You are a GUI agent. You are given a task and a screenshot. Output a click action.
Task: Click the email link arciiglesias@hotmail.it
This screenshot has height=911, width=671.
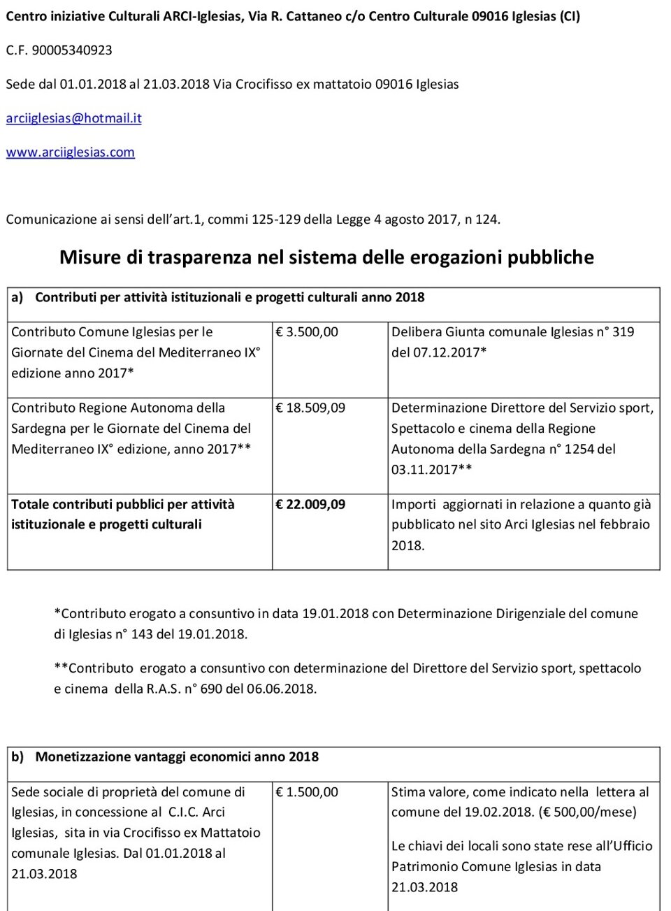pyautogui.click(x=73, y=118)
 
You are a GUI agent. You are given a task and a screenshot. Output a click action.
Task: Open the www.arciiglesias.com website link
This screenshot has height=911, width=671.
pyautogui.click(x=70, y=152)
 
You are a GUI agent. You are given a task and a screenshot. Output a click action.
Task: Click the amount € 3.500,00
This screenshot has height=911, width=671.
pyautogui.click(x=307, y=332)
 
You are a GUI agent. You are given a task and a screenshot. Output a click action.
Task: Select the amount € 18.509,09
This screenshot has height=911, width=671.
pyautogui.click(x=310, y=408)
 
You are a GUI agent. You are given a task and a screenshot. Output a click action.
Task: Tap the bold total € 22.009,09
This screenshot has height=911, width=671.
pyautogui.click(x=310, y=504)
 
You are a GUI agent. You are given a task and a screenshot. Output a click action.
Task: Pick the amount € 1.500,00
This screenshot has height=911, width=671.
pyautogui.click(x=307, y=792)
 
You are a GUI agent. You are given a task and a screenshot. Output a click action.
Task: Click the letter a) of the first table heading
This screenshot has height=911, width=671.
pyautogui.click(x=17, y=297)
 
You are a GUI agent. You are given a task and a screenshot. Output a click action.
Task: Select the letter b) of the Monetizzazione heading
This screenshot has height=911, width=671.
pyautogui.click(x=17, y=756)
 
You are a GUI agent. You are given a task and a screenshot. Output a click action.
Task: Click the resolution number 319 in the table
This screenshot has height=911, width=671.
pyautogui.click(x=623, y=332)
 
